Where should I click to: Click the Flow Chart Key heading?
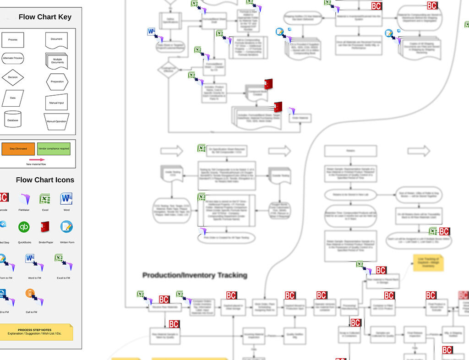(x=45, y=17)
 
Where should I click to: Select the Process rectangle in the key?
(x=13, y=40)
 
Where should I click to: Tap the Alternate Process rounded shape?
(x=13, y=59)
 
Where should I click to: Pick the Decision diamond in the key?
(x=13, y=77)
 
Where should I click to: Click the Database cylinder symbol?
(x=13, y=119)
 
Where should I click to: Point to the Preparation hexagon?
(x=57, y=82)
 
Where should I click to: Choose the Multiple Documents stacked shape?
(x=57, y=60)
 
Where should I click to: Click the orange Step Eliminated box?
(x=18, y=149)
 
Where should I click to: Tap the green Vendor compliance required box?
(x=54, y=149)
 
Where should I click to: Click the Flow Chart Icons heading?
(x=45, y=180)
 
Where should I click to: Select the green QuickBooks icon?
(x=24, y=227)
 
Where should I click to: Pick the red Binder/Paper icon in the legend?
(x=45, y=227)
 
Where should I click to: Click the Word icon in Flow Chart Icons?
(x=66, y=199)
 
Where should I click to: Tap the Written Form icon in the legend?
(x=66, y=227)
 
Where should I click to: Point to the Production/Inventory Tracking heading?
(x=195, y=275)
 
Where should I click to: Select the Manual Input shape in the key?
(x=57, y=102)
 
